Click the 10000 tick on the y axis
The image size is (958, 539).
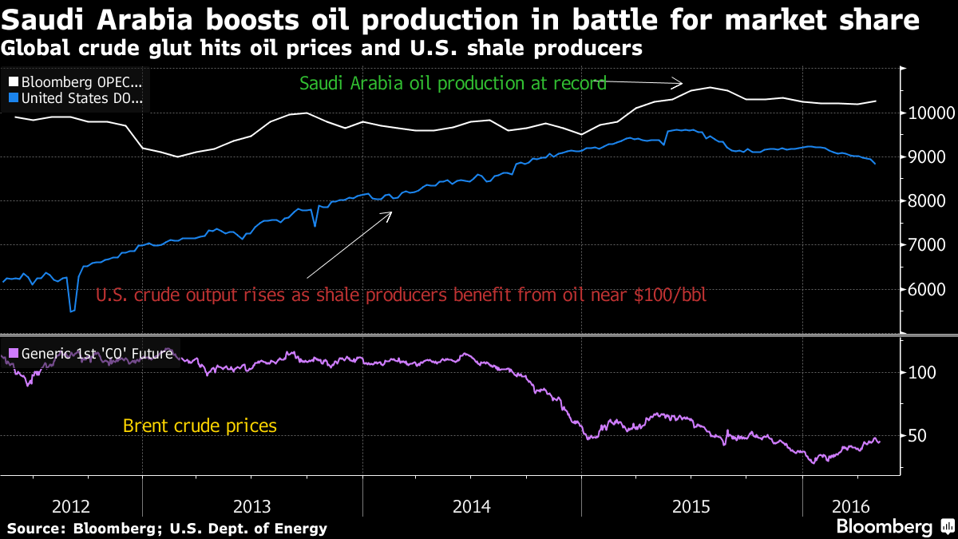pyautogui.click(x=927, y=113)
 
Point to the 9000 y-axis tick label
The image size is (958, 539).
pyautogui.click(x=926, y=157)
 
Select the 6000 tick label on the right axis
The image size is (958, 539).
pyautogui.click(x=926, y=289)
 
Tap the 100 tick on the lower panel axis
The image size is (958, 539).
pyautogui.click(x=922, y=373)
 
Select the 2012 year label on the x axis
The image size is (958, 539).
pyautogui.click(x=71, y=505)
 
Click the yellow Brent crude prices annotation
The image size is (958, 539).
pyautogui.click(x=200, y=426)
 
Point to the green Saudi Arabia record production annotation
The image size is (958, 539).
pyautogui.click(x=453, y=83)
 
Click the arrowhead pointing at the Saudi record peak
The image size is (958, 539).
pyautogui.click(x=680, y=82)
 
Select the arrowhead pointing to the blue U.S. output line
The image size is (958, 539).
pyautogui.click(x=389, y=214)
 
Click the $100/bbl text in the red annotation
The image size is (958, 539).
pyautogui.click(x=672, y=295)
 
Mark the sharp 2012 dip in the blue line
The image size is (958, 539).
pyautogui.click(x=72, y=310)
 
